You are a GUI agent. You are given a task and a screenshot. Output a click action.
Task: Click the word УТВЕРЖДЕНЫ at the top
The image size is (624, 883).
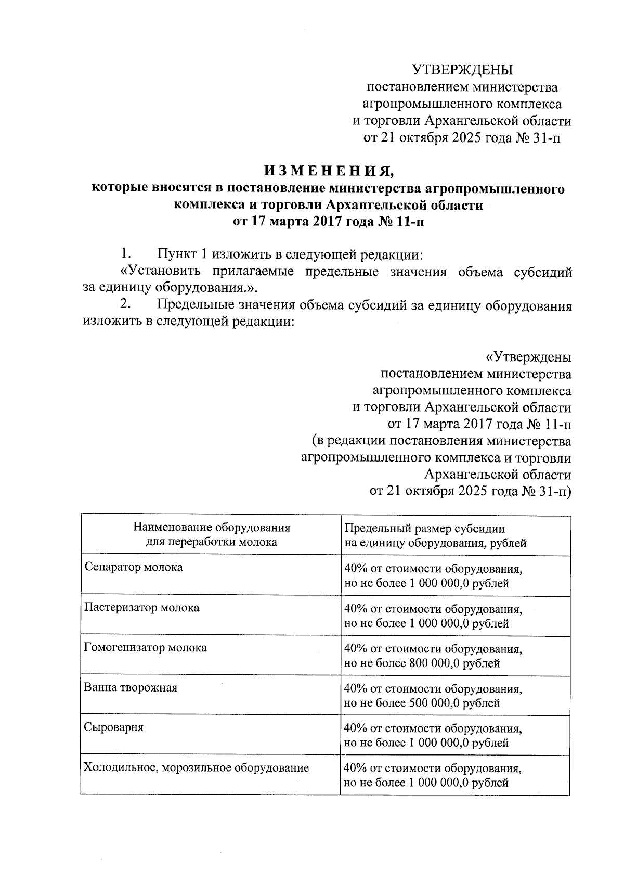point(462,70)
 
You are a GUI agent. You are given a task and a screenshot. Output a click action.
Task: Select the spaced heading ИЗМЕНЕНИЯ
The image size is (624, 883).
point(328,171)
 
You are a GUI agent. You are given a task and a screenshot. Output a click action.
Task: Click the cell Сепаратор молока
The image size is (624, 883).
point(134,567)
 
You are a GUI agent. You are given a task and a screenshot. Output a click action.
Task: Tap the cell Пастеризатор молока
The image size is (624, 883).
point(141,607)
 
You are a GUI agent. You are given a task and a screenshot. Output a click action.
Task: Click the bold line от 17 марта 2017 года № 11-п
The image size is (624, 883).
point(328,222)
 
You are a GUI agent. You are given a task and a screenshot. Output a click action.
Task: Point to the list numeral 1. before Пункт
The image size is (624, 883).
point(125,254)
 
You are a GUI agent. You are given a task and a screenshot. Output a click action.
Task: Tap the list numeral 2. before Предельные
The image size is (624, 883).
point(125,305)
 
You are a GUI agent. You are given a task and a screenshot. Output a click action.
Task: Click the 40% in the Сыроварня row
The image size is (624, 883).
point(355,728)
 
